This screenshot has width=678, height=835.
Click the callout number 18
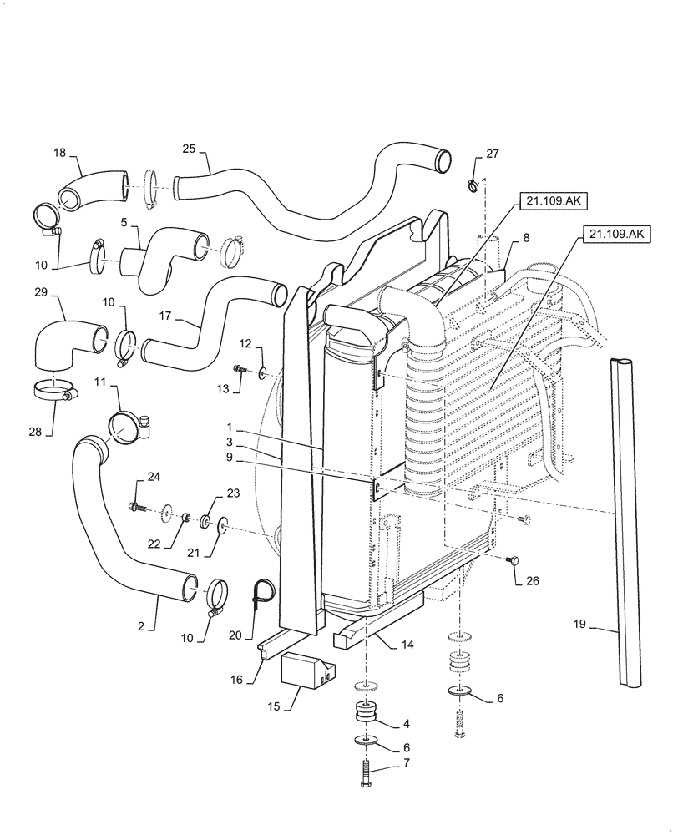(x=59, y=154)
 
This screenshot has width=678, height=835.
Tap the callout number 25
(x=189, y=148)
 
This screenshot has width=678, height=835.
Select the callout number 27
(x=493, y=154)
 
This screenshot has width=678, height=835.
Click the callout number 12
(x=245, y=343)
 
